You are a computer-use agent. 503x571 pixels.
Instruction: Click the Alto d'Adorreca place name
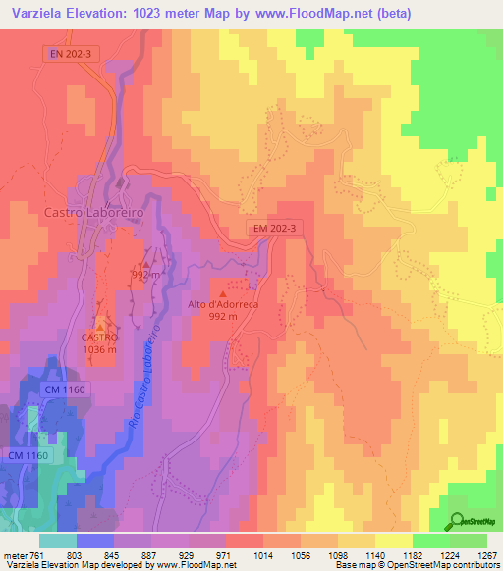223,304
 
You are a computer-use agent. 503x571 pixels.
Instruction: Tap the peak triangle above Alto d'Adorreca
223,291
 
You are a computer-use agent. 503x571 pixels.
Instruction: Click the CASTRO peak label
99,337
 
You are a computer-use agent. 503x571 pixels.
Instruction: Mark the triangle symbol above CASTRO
99,325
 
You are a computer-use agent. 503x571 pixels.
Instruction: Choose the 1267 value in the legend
487,554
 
